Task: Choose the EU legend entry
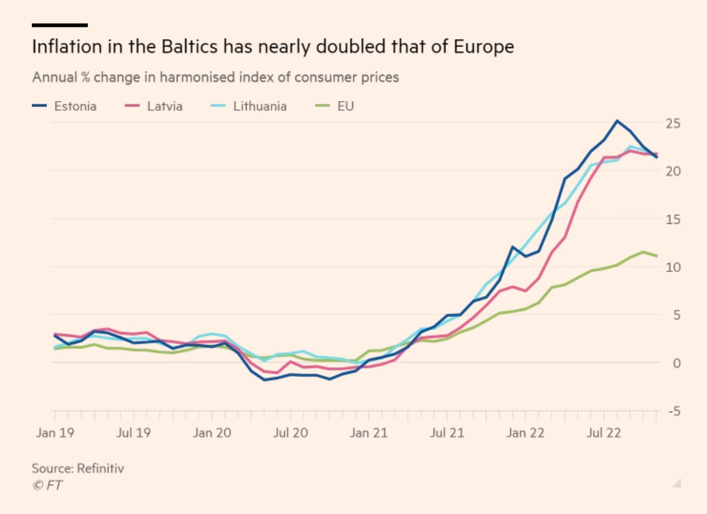click(x=335, y=106)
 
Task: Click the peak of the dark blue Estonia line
click(x=616, y=121)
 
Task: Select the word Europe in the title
click(x=483, y=48)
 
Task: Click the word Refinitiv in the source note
click(x=100, y=468)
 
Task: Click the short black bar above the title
click(x=59, y=25)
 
